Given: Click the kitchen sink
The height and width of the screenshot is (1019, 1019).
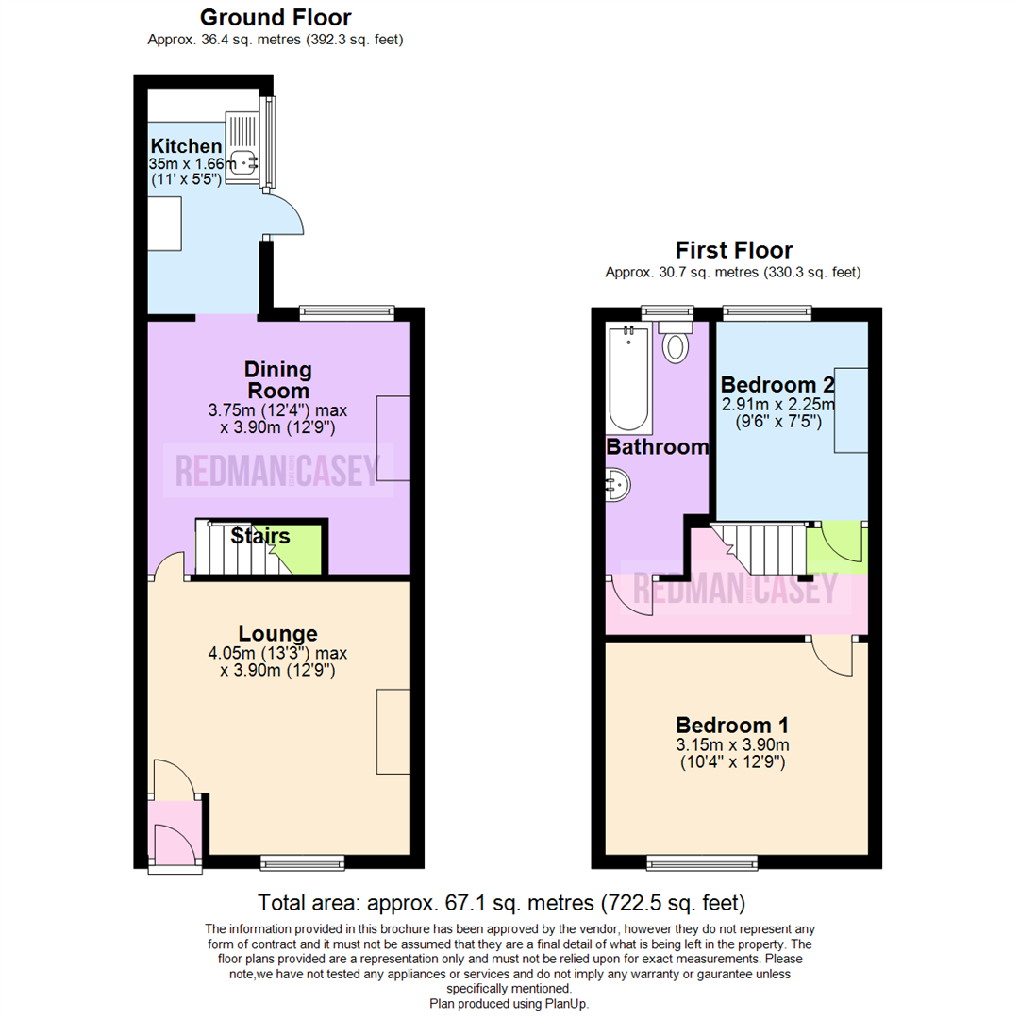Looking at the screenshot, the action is (x=242, y=143).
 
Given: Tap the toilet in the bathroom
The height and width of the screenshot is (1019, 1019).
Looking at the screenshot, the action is (x=676, y=342).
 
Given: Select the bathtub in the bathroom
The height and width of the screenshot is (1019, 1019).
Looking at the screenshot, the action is (x=629, y=379).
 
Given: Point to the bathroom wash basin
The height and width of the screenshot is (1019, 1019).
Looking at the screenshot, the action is (x=617, y=486).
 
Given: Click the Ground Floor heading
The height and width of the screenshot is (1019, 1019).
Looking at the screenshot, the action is (x=276, y=18).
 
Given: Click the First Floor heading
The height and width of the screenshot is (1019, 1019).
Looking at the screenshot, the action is (x=734, y=250).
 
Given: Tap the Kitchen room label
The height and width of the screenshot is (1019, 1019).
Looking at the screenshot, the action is (x=187, y=145).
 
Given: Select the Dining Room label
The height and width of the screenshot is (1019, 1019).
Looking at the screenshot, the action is (x=278, y=380).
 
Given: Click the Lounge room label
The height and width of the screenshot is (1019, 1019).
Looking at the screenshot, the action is (x=278, y=633).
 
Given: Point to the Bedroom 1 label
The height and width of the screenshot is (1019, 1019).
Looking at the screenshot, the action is (x=732, y=725).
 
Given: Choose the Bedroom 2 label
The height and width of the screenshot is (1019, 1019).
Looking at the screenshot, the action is (x=777, y=385).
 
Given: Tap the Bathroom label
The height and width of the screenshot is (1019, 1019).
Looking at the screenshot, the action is (x=657, y=446).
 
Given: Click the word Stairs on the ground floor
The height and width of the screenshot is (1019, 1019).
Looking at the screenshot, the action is (x=260, y=536).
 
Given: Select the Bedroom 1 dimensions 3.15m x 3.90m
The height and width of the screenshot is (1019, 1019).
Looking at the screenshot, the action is (x=732, y=744).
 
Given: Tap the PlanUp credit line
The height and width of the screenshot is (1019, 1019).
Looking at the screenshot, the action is (x=509, y=1004).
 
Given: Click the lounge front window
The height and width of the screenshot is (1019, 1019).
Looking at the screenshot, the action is (x=302, y=863).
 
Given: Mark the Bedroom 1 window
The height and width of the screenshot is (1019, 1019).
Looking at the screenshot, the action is (x=703, y=863).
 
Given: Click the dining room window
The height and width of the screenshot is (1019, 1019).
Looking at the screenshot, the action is (x=347, y=313).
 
